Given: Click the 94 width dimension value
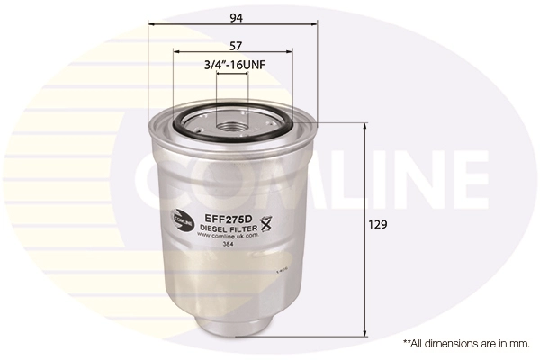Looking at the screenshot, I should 236,18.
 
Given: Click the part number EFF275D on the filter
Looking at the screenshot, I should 230,218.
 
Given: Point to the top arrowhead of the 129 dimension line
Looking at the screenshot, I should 364,127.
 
